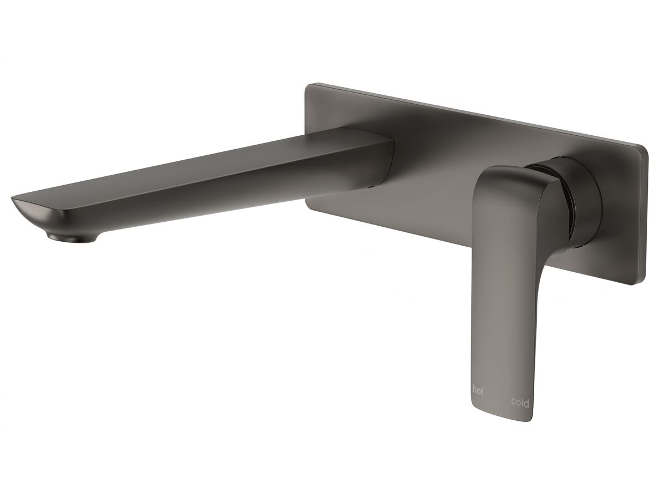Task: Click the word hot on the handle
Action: tap(478, 391)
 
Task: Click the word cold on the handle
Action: tap(520, 403)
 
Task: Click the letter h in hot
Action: tap(474, 391)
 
